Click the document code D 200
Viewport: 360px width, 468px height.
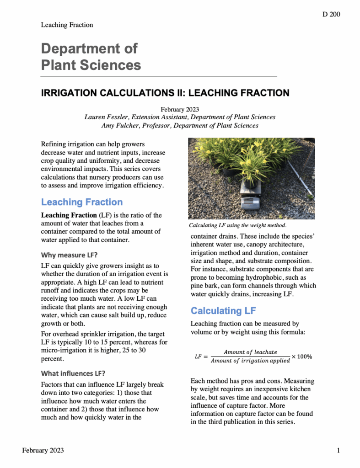point(331,14)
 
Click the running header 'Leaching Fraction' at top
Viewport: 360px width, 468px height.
point(67,25)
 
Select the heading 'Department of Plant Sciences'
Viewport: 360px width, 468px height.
point(91,56)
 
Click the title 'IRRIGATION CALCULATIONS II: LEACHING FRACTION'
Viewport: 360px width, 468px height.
point(165,93)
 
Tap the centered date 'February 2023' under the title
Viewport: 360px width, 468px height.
point(180,109)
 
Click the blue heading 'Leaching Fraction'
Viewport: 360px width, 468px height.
point(82,202)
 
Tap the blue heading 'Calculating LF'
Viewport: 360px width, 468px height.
point(223,311)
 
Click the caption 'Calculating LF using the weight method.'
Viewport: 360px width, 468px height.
point(237,225)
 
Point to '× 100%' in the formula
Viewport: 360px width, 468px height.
point(301,356)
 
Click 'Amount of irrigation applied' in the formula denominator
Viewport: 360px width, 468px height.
point(250,361)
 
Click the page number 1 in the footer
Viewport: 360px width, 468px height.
point(338,451)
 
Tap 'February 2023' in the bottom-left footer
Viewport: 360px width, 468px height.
point(43,451)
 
